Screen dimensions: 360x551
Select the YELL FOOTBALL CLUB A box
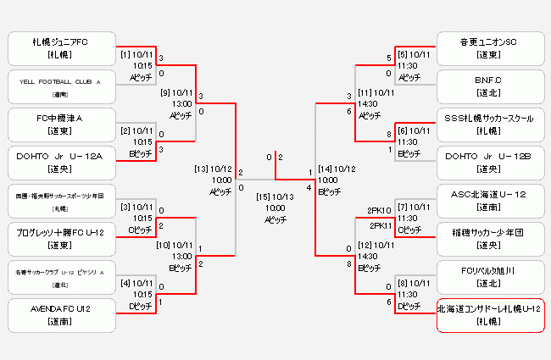[x=60, y=86]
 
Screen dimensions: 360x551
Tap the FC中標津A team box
[x=60, y=124]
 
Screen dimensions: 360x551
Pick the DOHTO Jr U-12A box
[x=60, y=162]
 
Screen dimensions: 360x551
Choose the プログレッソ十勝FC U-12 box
[x=60, y=238]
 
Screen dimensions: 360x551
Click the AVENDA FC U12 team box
[x=60, y=315]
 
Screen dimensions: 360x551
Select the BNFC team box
[x=488, y=86]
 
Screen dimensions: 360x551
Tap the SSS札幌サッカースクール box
[x=488, y=124]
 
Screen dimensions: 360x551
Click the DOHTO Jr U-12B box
[x=488, y=162]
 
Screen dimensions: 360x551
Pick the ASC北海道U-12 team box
[x=488, y=200]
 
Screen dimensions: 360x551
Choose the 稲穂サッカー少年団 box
[x=488, y=238]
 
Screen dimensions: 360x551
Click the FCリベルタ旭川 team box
[x=488, y=276]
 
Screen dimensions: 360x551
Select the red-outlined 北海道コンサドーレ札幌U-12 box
[x=489, y=315]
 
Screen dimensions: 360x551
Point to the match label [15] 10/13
[x=275, y=197]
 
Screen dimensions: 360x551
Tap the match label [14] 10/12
[x=337, y=168]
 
